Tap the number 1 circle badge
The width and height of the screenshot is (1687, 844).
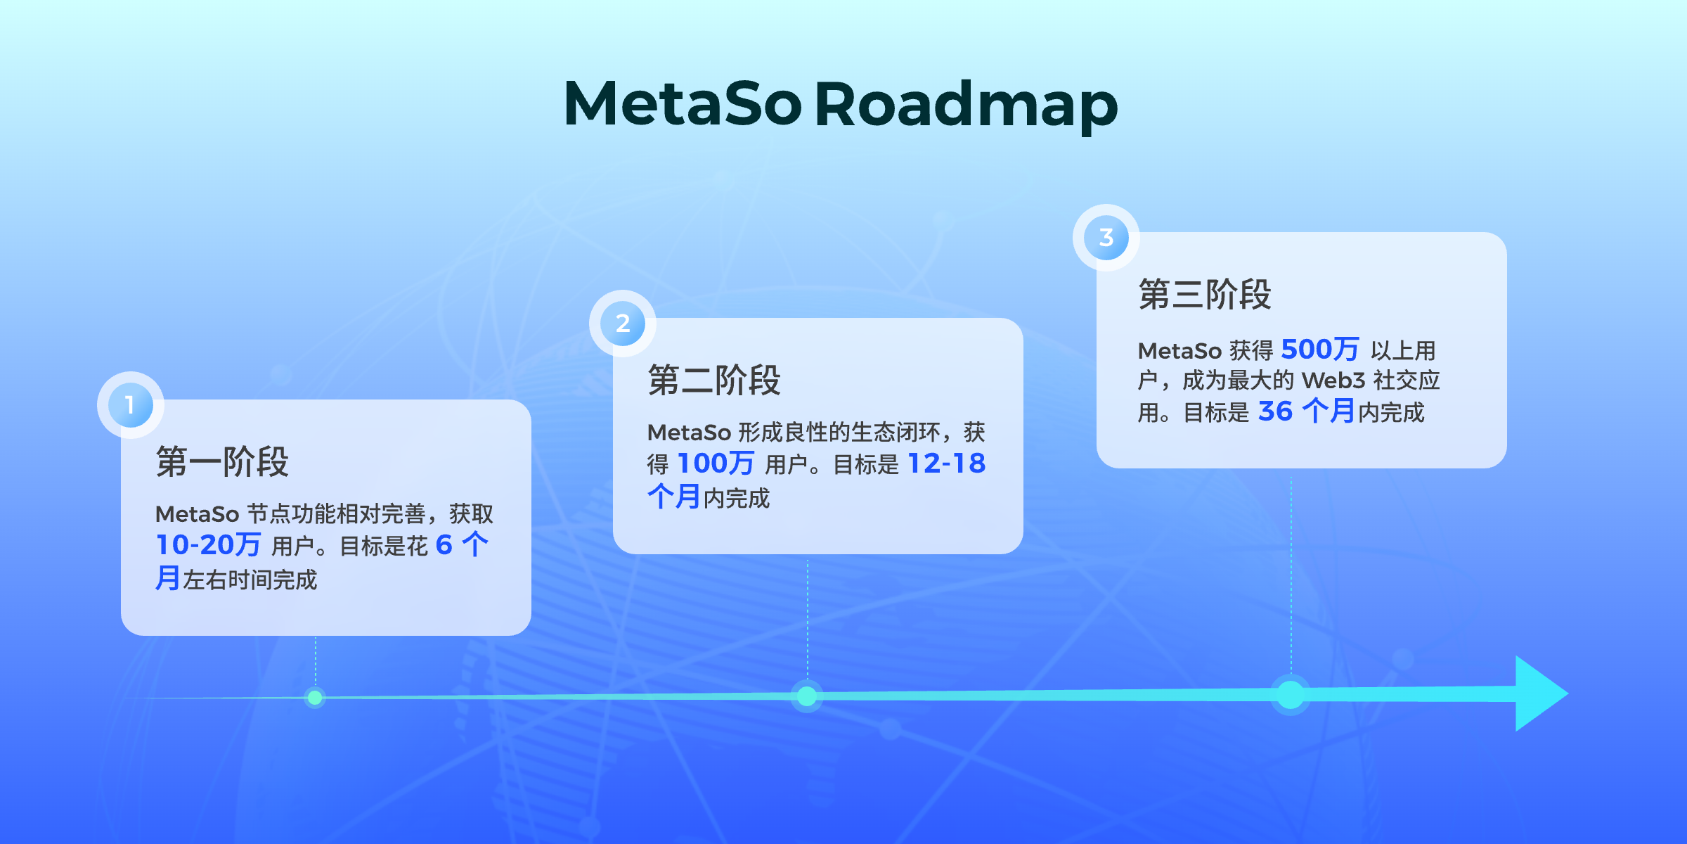(131, 405)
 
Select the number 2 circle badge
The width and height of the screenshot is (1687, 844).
(623, 324)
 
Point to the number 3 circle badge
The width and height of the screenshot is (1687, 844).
(1106, 238)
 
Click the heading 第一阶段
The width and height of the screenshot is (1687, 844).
(222, 462)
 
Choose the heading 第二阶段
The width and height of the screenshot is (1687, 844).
(714, 381)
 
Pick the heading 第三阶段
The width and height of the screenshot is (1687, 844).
(1205, 294)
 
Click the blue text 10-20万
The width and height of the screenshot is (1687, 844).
(208, 545)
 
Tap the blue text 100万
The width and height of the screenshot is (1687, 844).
(716, 463)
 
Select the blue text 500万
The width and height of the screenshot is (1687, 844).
(1320, 350)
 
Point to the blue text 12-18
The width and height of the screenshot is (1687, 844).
(947, 463)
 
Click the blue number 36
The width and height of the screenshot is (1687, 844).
(1275, 411)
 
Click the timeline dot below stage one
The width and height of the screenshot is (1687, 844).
(315, 698)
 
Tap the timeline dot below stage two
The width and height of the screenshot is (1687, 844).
(807, 696)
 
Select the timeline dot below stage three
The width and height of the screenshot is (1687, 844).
(1291, 695)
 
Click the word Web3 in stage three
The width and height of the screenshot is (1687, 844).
(1333, 381)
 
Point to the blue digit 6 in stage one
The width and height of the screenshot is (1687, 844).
(444, 545)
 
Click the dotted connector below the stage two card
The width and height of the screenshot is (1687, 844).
(808, 619)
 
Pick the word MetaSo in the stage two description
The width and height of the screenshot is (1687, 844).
(689, 433)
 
